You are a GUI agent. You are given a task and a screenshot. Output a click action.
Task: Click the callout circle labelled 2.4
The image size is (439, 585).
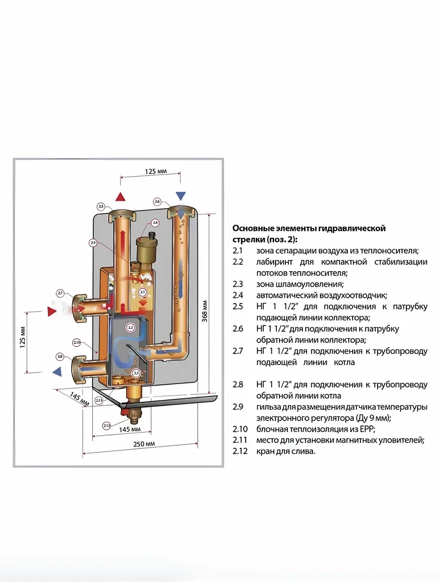pos(155,223)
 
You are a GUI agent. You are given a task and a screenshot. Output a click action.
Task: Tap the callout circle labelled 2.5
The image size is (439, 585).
pos(101,206)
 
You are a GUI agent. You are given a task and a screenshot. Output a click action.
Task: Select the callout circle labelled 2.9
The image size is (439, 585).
pos(93,242)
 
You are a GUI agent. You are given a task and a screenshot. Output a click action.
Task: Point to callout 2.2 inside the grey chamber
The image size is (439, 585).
pos(130,328)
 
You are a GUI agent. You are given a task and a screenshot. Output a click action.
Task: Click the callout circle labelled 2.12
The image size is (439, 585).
pos(107,425)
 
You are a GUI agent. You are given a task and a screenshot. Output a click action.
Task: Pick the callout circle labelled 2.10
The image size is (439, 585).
pos(76,342)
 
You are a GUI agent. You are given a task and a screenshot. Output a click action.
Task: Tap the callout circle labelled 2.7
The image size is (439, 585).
pos(60,293)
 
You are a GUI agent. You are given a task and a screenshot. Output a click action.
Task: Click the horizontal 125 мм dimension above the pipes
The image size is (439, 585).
pos(156,171)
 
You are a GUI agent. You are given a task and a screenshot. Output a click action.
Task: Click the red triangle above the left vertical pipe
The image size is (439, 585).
pos(120,197)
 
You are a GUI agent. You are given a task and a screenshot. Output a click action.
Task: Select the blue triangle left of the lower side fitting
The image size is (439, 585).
pos(58,371)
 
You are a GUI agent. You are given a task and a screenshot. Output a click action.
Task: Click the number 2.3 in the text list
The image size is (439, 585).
pos(238,284)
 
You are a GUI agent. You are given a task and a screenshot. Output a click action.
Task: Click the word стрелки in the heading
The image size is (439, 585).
pos(248,239)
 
